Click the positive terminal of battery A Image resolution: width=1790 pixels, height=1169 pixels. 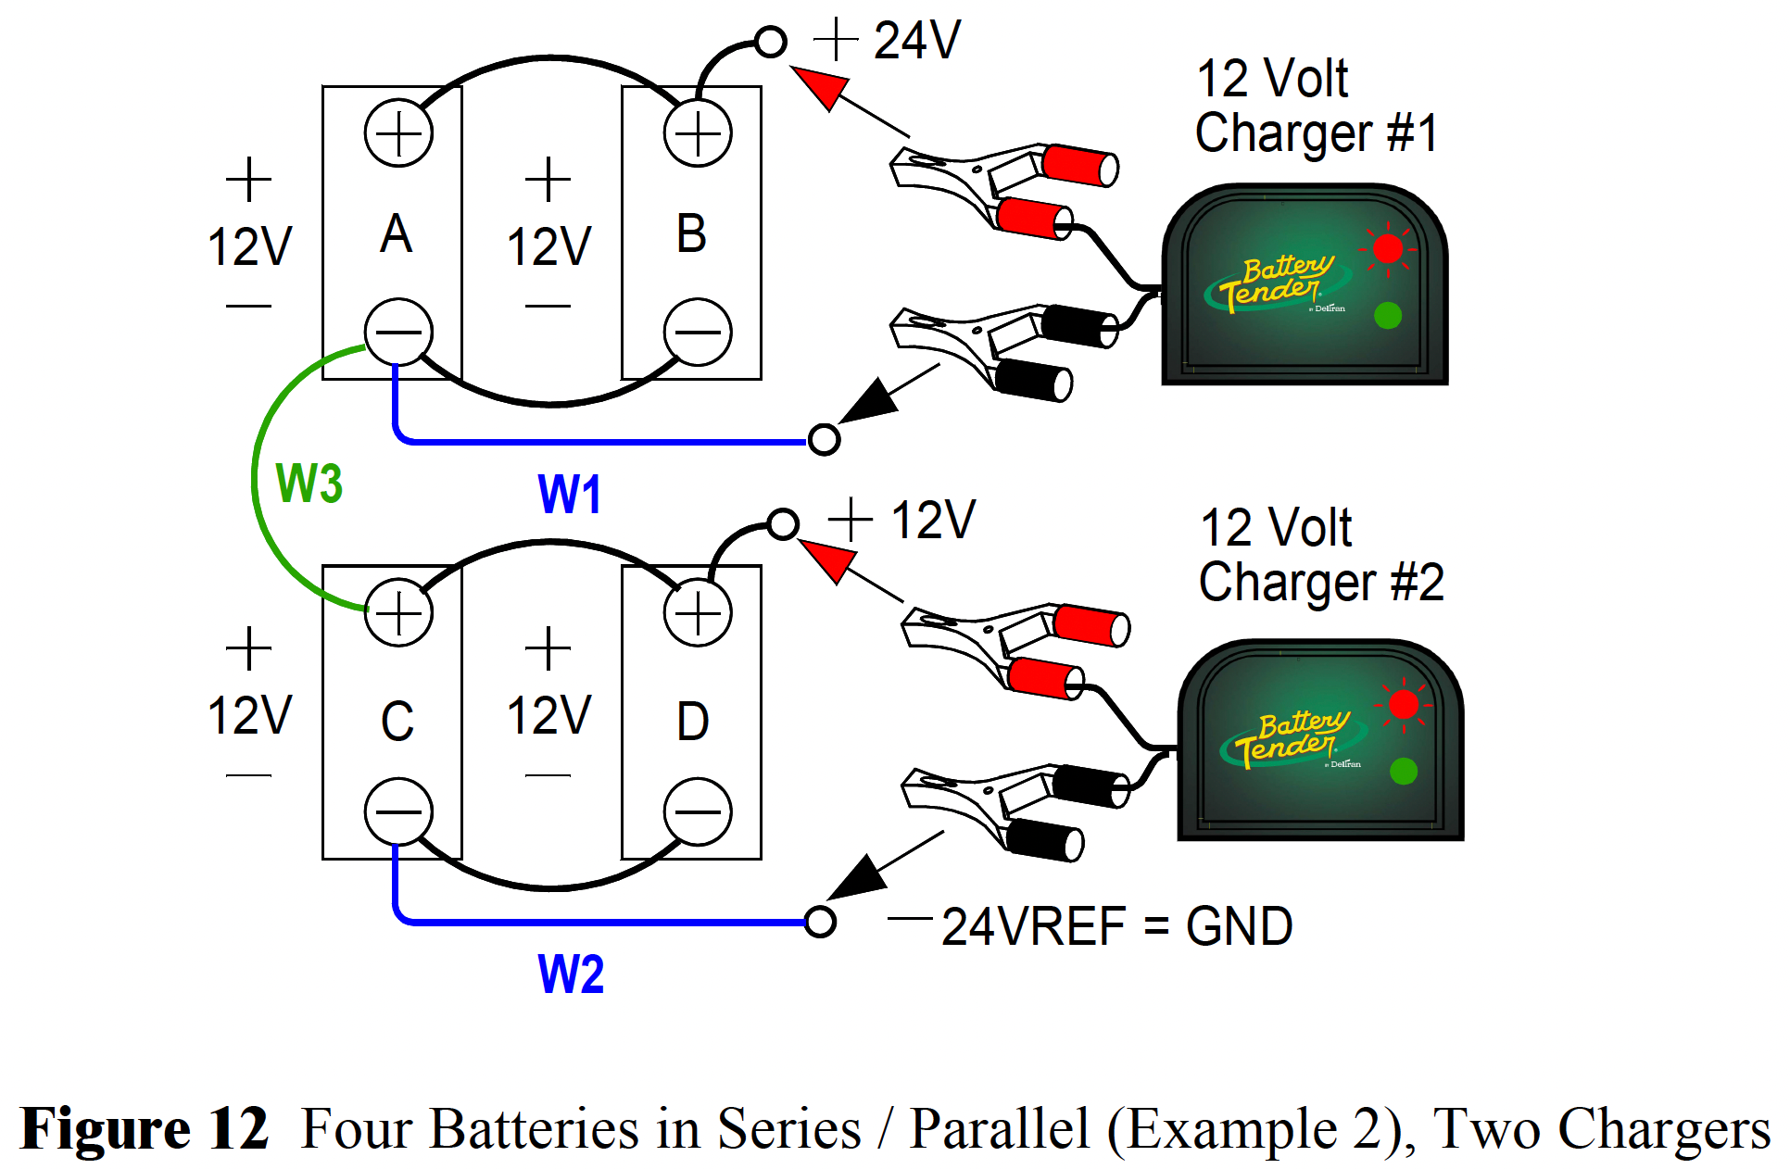[398, 133]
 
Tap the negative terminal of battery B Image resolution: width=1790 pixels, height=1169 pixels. [698, 332]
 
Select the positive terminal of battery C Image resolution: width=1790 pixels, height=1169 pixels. [398, 612]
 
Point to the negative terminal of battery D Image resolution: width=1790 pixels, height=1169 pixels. [698, 811]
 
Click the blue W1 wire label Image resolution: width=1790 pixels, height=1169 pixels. [570, 494]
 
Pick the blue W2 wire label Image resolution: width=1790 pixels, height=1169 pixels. [571, 974]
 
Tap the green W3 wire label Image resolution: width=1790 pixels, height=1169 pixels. [309, 483]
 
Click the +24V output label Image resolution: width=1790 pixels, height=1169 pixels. [889, 41]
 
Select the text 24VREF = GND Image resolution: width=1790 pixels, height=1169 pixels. [1116, 926]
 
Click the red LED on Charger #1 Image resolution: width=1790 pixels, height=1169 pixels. [1387, 248]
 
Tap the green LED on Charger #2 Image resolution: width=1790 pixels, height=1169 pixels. [1403, 771]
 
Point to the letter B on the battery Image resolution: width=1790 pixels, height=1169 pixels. [691, 233]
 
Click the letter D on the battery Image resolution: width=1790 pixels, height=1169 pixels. [693, 722]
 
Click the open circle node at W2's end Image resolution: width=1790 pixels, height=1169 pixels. [820, 922]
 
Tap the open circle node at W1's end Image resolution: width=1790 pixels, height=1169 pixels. [824, 439]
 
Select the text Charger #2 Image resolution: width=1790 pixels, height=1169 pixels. [1321, 583]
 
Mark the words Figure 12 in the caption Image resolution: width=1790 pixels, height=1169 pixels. [145, 1128]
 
